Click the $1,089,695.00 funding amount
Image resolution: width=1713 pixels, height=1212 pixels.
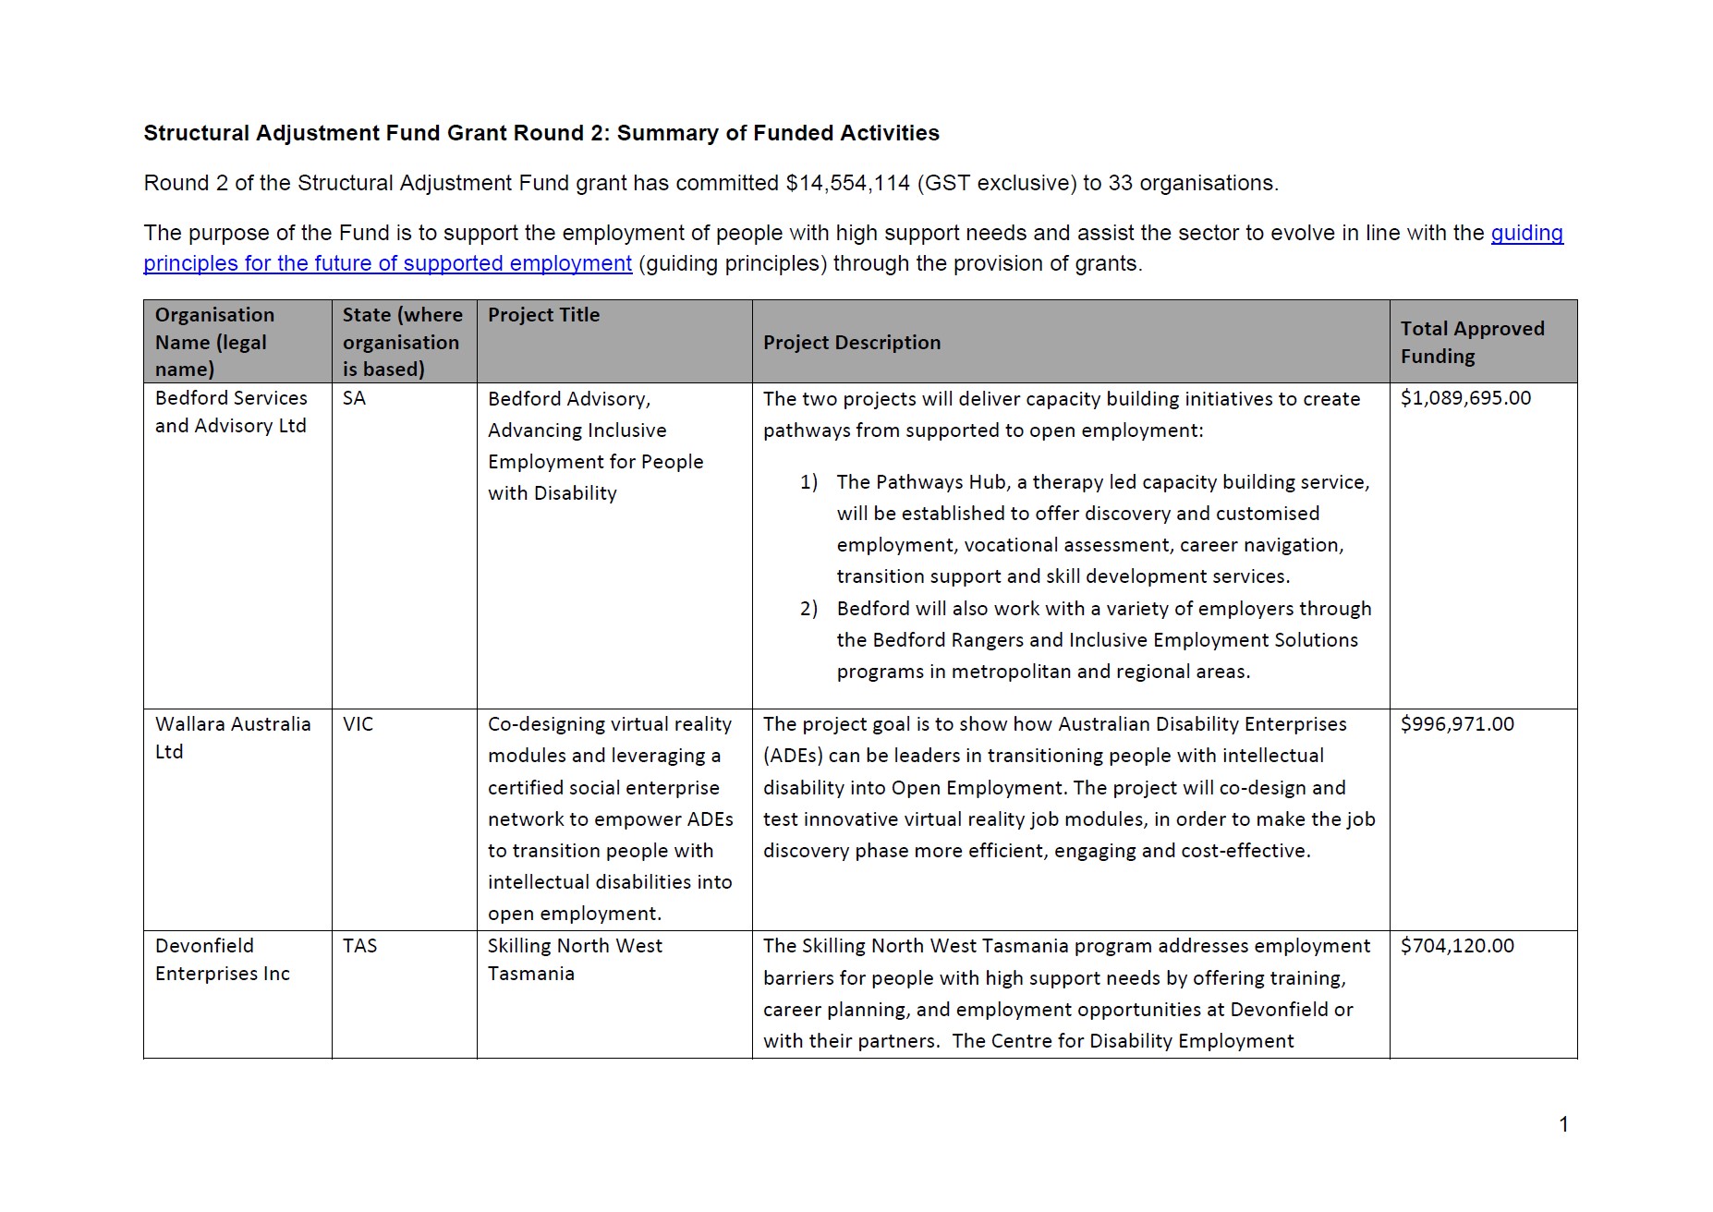tap(1465, 398)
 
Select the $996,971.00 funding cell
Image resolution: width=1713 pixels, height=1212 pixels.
tap(1457, 724)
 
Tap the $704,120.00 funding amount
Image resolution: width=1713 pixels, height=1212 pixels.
tap(1457, 946)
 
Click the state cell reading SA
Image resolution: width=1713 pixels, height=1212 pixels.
tap(354, 398)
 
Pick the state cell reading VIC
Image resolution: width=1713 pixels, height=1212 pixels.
tap(358, 724)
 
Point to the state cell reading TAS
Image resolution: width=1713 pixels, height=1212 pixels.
tap(359, 946)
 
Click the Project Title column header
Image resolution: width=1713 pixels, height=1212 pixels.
tap(543, 315)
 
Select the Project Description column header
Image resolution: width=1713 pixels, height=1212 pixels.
tap(851, 343)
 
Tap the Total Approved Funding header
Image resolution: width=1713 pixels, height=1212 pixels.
tap(1472, 342)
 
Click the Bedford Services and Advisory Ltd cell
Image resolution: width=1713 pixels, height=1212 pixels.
tap(231, 412)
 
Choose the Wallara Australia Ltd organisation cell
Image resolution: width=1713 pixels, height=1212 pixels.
tap(232, 737)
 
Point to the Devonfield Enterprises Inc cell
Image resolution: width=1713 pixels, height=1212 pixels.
tap(222, 959)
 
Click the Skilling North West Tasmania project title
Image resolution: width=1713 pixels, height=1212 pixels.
tap(574, 959)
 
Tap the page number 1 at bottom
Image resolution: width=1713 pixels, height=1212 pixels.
tap(1563, 1124)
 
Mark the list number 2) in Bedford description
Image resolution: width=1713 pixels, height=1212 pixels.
tap(808, 609)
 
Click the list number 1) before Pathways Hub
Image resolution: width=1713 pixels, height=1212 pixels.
tap(808, 482)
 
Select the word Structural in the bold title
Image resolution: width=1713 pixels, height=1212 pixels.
tap(196, 133)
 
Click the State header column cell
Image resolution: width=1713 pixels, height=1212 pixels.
tap(402, 342)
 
